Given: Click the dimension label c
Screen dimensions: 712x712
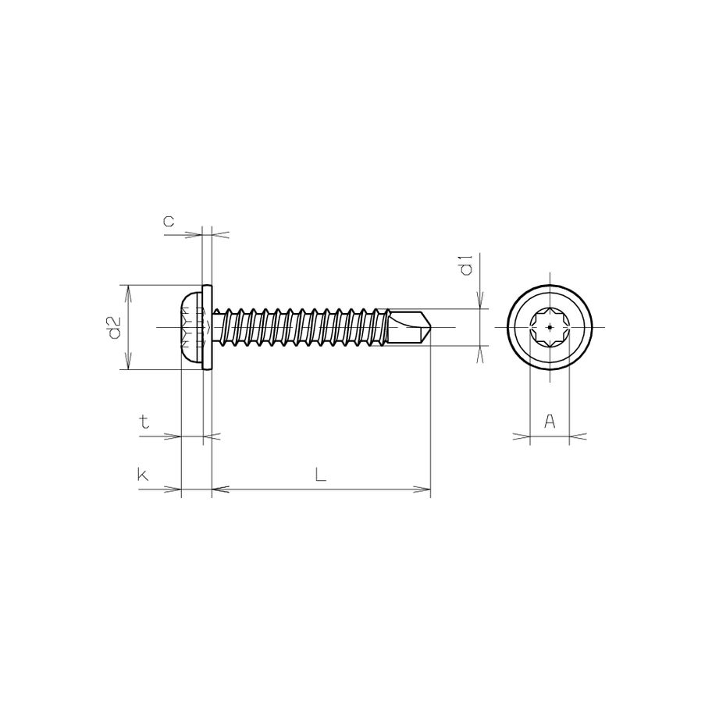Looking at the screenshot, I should [x=169, y=222].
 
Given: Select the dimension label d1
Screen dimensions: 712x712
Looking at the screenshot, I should [x=466, y=265].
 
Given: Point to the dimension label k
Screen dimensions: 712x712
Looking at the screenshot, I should [x=143, y=474].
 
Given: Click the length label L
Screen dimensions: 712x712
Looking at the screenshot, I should [x=320, y=474].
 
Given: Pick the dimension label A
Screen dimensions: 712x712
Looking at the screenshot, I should [x=549, y=422].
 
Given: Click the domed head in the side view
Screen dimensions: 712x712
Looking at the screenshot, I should [x=191, y=327].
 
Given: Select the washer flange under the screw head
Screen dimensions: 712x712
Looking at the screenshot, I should [x=208, y=327].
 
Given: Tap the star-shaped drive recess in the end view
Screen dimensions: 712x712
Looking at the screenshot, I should [x=550, y=327].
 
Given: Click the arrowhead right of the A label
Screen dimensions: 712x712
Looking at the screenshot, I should [x=577, y=437].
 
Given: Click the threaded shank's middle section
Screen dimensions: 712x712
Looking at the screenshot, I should [x=301, y=327].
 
